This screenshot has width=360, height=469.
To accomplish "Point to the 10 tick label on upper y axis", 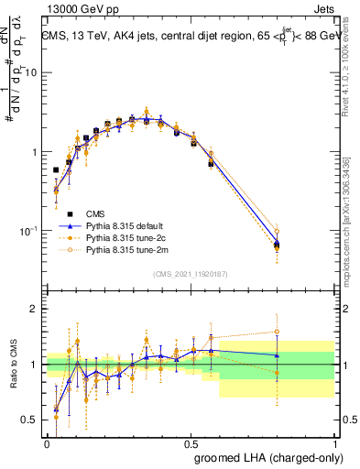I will (x=32, y=72).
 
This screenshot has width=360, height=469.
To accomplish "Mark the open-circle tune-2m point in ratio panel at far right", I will (x=277, y=332).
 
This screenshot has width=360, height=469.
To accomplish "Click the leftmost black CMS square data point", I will (x=56, y=170).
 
